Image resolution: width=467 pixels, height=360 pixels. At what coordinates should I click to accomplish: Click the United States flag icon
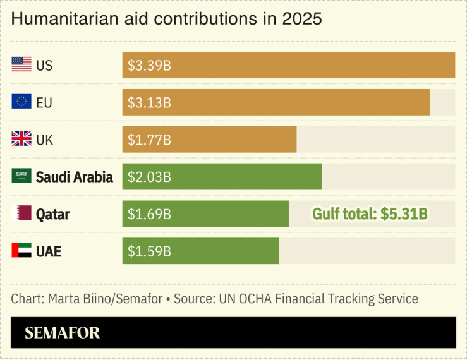click(21, 64)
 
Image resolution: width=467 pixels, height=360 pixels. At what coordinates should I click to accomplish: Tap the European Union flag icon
click(21, 102)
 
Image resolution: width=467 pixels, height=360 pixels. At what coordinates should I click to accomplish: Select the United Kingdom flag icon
click(21, 139)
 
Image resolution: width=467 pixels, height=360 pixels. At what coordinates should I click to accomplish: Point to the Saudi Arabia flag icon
click(21, 176)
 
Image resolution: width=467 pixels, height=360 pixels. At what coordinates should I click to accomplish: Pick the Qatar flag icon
click(21, 213)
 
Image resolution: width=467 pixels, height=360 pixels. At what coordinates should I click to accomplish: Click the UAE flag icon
click(21, 251)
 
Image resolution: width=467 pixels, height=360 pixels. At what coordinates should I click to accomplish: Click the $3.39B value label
click(149, 65)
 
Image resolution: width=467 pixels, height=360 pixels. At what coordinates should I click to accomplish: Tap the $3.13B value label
click(149, 102)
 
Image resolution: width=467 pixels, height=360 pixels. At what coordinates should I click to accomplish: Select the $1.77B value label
click(149, 140)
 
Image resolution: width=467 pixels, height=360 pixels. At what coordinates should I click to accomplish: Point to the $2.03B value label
click(149, 177)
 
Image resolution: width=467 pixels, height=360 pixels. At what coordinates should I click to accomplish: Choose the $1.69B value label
click(149, 214)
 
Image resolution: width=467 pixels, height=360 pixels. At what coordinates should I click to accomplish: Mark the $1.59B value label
click(149, 251)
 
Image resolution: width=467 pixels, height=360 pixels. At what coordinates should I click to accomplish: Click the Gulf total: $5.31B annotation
click(370, 214)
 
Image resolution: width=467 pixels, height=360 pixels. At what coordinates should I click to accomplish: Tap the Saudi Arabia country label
click(75, 177)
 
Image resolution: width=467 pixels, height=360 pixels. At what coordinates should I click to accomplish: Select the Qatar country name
click(52, 214)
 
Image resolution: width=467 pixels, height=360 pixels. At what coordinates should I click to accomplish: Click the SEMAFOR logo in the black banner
click(62, 333)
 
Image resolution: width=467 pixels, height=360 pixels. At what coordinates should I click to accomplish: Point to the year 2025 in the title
click(302, 19)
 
